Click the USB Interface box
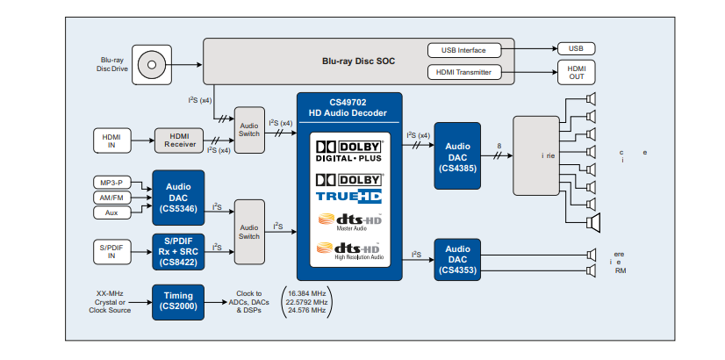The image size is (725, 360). [x=470, y=50]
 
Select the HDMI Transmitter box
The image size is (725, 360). [x=470, y=72]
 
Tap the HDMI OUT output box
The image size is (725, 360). [x=576, y=72]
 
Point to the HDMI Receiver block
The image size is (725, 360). [x=180, y=140]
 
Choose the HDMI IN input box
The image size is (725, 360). [x=111, y=140]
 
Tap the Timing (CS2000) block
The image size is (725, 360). [x=178, y=301]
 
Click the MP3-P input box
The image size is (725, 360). [x=111, y=182]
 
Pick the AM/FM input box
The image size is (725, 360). [x=111, y=198]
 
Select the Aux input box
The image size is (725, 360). [x=111, y=213]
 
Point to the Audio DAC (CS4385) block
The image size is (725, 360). [x=456, y=155]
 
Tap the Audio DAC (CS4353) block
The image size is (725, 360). [x=456, y=260]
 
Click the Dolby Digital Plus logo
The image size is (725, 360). [x=349, y=151]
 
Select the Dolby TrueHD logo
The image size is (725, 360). [x=349, y=187]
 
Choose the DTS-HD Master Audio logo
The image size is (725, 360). [x=349, y=222]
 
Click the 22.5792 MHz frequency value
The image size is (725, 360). [x=305, y=301]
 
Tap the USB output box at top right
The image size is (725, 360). [x=576, y=49]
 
